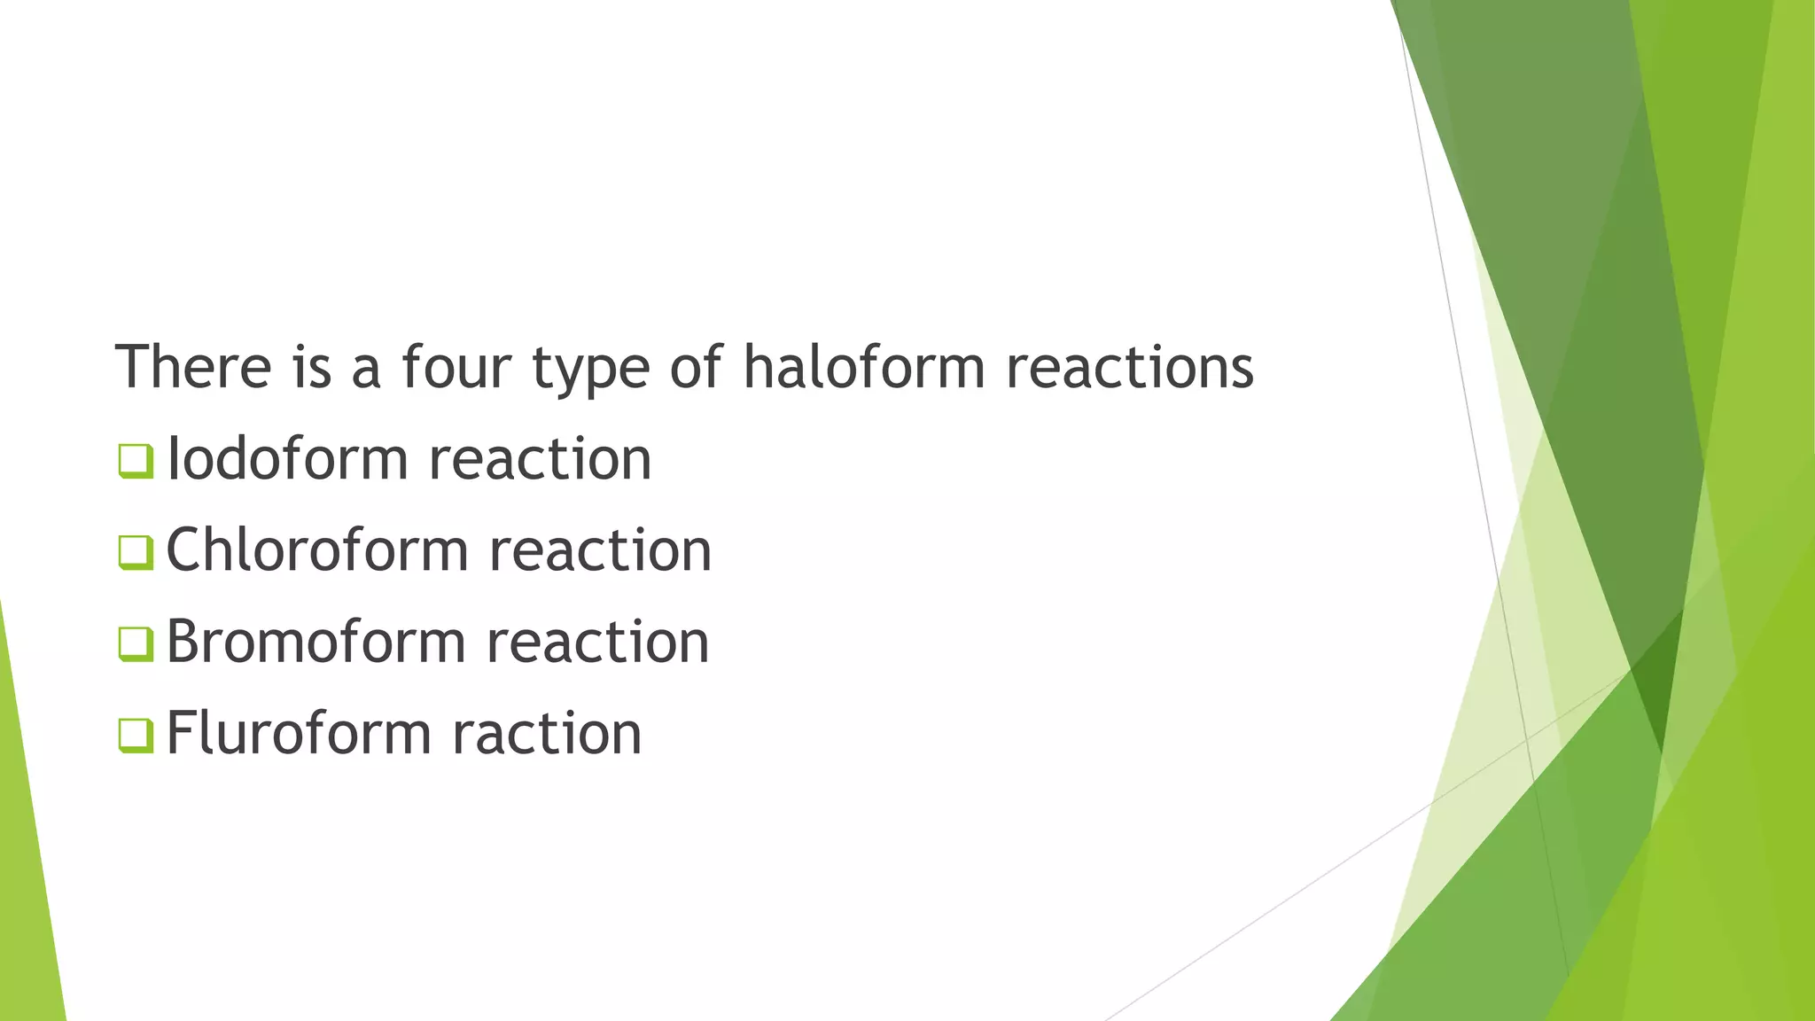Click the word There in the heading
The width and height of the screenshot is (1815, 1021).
(x=193, y=367)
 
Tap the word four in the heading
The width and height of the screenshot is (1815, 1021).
(x=456, y=367)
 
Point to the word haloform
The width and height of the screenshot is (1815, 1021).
(x=863, y=367)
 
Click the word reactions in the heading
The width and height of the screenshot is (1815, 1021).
(x=1130, y=367)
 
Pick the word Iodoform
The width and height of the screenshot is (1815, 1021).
(x=287, y=459)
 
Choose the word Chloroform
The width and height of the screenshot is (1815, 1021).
(x=316, y=550)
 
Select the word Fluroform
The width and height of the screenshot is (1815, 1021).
(x=298, y=733)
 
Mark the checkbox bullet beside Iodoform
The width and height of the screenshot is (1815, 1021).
(x=136, y=461)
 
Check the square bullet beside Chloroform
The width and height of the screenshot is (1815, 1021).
(x=136, y=552)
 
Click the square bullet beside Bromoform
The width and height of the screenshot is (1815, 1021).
(x=136, y=643)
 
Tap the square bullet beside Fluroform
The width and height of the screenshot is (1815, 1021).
(x=136, y=735)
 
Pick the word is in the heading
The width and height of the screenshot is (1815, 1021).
(x=312, y=367)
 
